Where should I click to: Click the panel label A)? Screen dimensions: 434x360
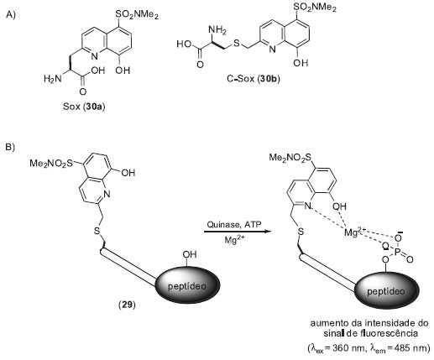tap(11, 15)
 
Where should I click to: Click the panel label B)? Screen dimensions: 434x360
tap(11, 147)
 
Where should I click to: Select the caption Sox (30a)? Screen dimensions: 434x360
tap(84, 107)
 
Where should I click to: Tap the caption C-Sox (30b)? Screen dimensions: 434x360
tap(254, 79)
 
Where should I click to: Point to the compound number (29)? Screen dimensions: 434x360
tap(127, 305)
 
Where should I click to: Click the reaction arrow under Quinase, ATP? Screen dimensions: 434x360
tap(238, 232)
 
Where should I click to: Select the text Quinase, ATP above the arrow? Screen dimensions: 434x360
tap(234, 224)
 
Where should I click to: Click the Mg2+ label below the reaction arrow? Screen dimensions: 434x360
tap(235, 239)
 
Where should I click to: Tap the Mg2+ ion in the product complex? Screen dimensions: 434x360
tap(355, 232)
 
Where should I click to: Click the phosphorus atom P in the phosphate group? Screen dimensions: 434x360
tap(397, 253)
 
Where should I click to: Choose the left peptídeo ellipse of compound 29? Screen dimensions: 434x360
tap(187, 285)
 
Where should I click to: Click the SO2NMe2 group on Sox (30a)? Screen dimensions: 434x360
tap(137, 14)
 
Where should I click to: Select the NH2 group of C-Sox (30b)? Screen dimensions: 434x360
tap(217, 29)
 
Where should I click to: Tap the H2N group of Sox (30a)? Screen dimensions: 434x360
tap(53, 79)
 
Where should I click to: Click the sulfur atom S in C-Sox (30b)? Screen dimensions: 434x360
tap(237, 44)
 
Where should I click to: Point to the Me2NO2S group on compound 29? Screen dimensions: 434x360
tap(51, 163)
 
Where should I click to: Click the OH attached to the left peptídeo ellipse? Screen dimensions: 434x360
tap(190, 254)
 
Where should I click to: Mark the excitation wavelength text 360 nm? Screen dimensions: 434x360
tap(343, 348)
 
